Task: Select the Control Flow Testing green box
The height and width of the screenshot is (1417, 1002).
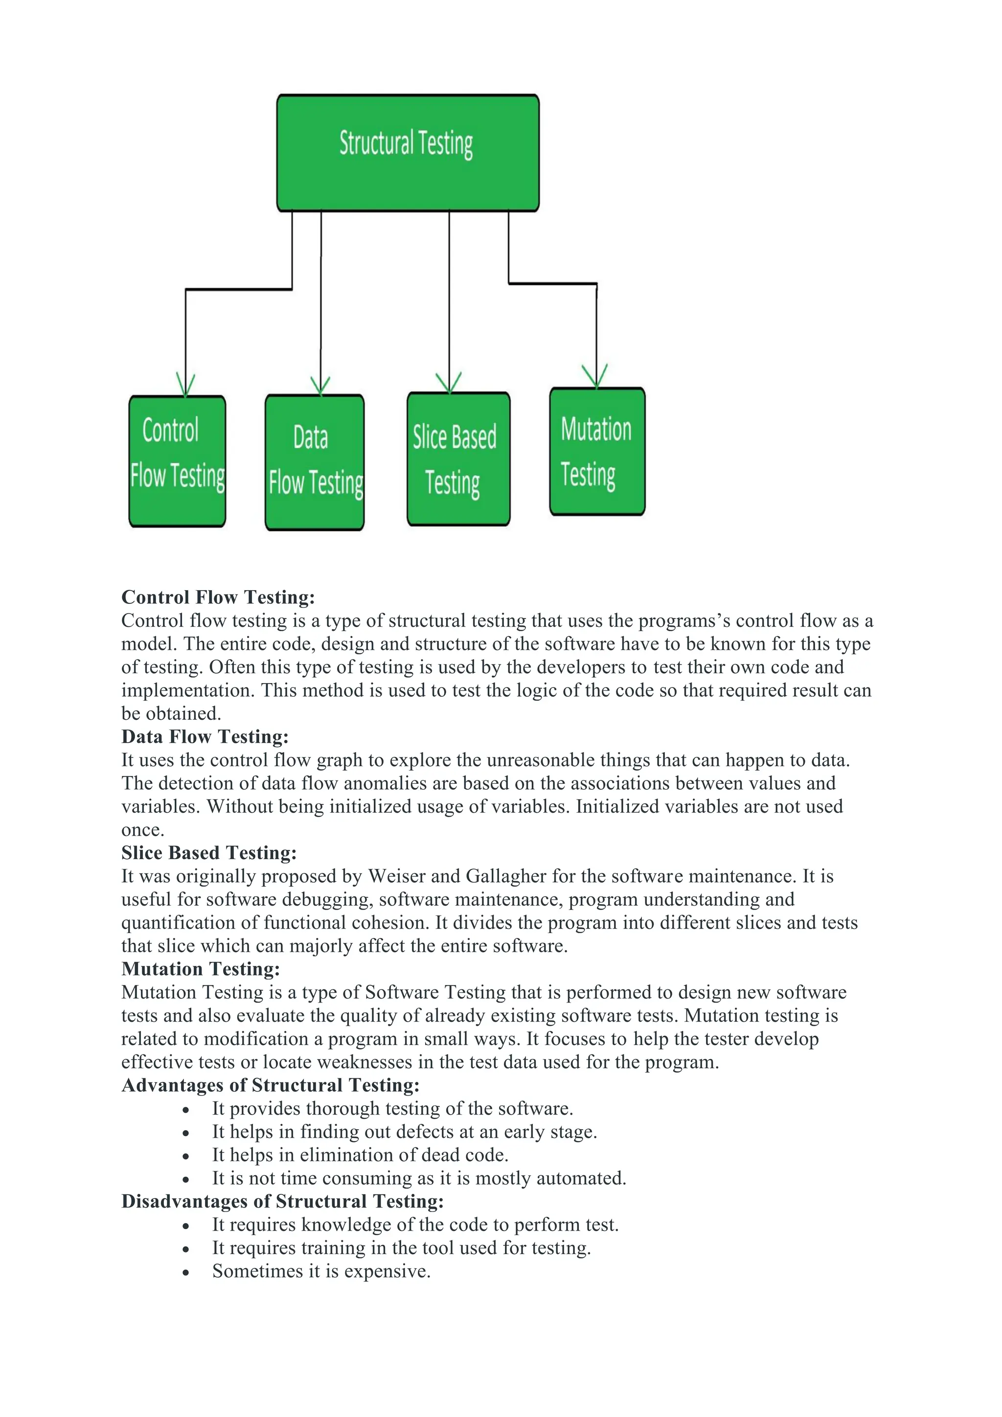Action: pyautogui.click(x=177, y=461)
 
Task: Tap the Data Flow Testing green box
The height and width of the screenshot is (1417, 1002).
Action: pyautogui.click(x=314, y=462)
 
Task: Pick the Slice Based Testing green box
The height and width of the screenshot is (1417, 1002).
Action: pyautogui.click(x=458, y=458)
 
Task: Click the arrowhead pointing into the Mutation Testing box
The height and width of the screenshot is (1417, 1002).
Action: pyautogui.click(x=595, y=375)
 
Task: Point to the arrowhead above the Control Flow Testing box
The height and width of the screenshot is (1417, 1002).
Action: pyautogui.click(x=185, y=384)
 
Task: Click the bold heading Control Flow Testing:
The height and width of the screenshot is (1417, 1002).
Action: pyautogui.click(x=218, y=597)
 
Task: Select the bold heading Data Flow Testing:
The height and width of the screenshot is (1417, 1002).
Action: pyautogui.click(x=205, y=736)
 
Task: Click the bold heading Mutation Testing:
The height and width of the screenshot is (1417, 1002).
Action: pyautogui.click(x=201, y=968)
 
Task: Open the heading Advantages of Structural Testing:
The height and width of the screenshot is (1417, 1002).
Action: pyautogui.click(x=270, y=1084)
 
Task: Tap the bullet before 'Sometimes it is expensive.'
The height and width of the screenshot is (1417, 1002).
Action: pyautogui.click(x=186, y=1273)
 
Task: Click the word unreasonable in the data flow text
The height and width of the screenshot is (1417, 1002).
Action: pyautogui.click(x=529, y=760)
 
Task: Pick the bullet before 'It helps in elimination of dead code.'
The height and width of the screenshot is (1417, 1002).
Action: pyautogui.click(x=186, y=1156)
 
